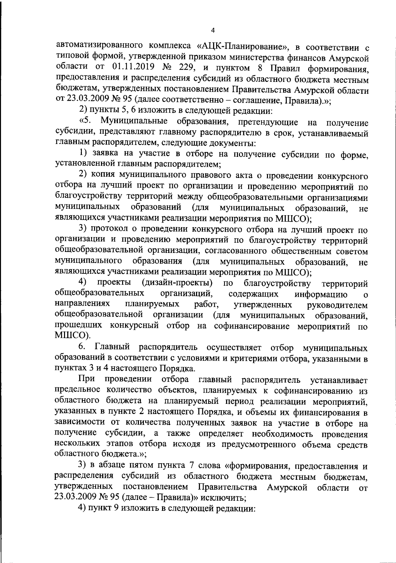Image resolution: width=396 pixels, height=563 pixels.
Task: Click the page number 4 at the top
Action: (213, 31)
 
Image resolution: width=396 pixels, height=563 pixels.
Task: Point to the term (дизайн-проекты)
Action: (177, 283)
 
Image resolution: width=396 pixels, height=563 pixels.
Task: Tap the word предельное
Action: (77, 391)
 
